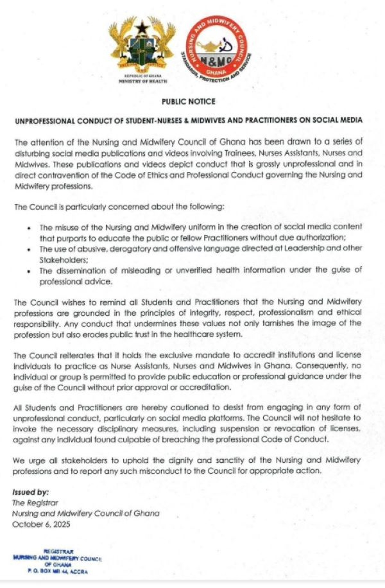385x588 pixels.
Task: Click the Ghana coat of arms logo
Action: [143, 48]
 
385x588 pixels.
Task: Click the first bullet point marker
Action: [30, 228]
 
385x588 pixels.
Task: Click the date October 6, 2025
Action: [38, 524]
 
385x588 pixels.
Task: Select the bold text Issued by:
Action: [30, 492]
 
